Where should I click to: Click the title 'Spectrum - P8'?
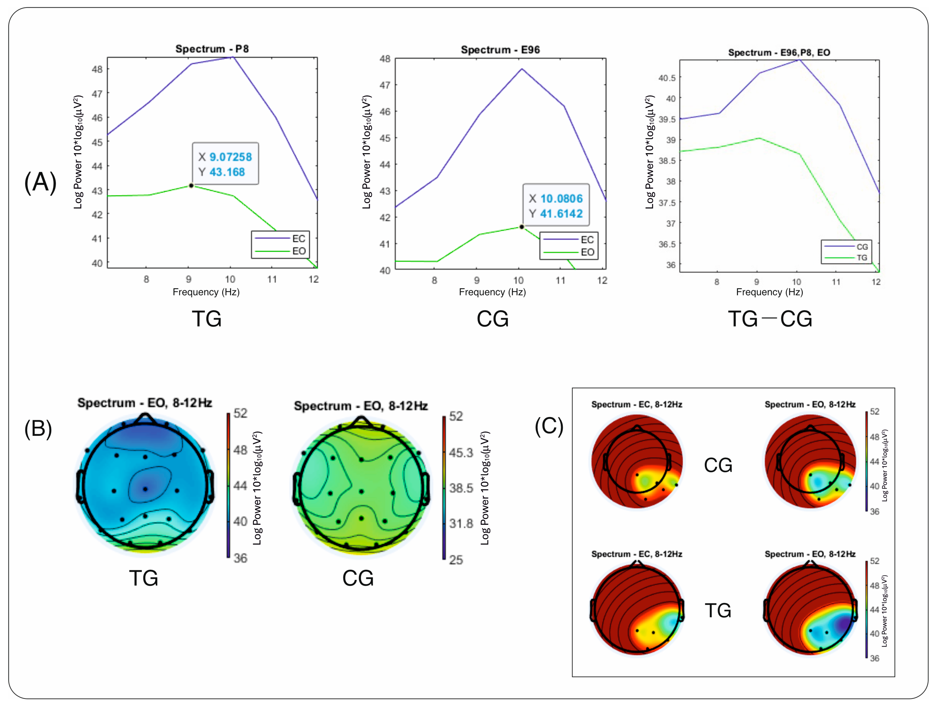click(x=212, y=49)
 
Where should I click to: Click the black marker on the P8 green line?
click(x=191, y=185)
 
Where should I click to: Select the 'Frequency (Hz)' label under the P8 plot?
click(x=206, y=292)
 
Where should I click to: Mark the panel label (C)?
click(x=549, y=426)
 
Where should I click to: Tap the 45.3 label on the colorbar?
click(x=461, y=453)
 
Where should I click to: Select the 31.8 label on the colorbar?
click(x=461, y=524)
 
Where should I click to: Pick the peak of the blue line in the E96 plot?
click(x=522, y=69)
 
